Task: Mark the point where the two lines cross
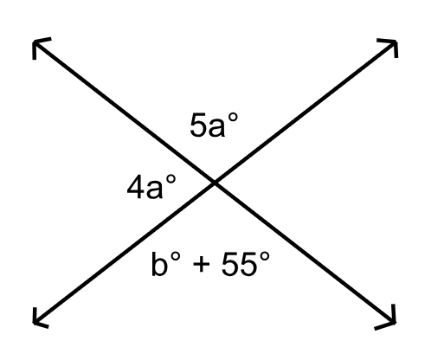(215, 183)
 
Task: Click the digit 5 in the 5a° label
(197, 125)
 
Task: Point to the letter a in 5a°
(215, 128)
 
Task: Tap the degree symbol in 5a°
(233, 118)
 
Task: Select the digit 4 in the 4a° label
(135, 187)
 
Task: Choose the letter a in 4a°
(154, 190)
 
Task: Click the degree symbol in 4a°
(170, 179)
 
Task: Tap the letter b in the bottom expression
(159, 264)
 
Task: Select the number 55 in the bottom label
(239, 264)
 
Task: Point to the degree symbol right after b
(176, 256)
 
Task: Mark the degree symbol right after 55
(265, 256)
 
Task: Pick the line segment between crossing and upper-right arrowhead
(306, 112)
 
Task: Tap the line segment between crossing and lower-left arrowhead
(125, 253)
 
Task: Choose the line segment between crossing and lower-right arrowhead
(305, 253)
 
